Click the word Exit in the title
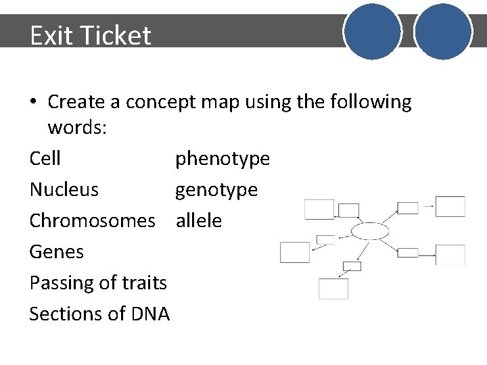click(50, 35)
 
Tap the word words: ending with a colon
click(77, 128)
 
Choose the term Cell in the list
click(45, 159)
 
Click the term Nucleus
click(64, 190)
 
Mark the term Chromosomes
click(93, 221)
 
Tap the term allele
click(199, 221)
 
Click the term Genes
click(57, 252)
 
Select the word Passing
click(61, 283)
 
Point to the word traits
click(144, 283)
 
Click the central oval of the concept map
click(370, 232)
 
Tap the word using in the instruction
click(269, 103)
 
